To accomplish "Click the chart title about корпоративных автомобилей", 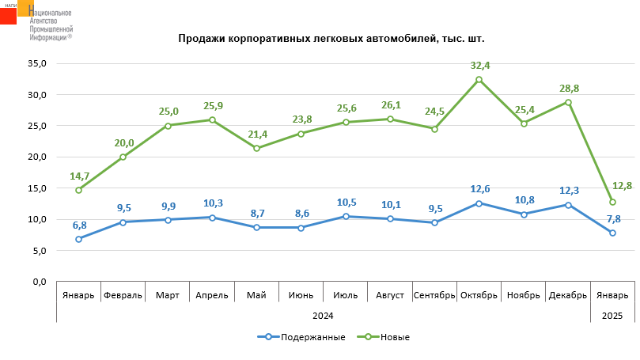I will [331, 38].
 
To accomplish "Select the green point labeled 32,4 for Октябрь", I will [479, 79].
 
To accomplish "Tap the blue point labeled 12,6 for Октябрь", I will [479, 203].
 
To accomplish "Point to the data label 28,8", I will [568, 89].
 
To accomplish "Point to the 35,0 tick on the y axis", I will [37, 63].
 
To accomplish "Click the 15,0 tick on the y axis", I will [37, 188].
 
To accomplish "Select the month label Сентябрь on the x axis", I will [434, 296].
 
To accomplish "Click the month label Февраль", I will [123, 296].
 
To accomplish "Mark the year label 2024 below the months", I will [323, 316].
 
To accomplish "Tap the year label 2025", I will [612, 316].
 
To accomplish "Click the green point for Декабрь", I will [568, 102].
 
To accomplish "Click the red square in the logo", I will [9, 15].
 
